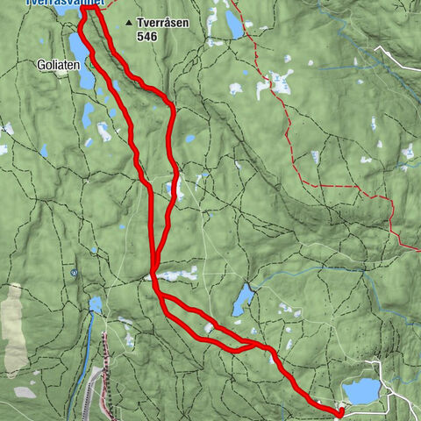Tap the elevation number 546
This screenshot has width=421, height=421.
(147, 38)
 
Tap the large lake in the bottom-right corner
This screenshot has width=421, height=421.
(360, 390)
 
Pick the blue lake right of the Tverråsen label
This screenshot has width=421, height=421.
(233, 24)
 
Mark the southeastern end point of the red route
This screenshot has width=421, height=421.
(340, 411)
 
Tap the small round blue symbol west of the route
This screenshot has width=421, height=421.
(75, 273)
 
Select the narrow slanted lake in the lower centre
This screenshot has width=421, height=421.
(242, 300)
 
